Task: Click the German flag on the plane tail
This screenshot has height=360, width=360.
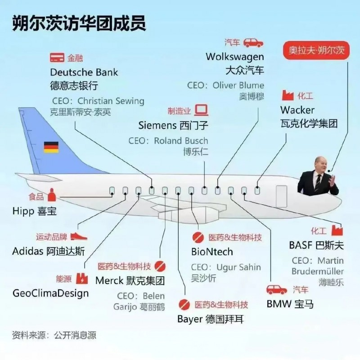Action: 51,147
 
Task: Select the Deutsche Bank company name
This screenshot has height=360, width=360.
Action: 84,72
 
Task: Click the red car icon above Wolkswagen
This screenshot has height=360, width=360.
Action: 253,43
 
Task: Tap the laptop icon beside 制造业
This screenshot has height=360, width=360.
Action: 201,110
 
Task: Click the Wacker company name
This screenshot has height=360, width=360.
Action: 297,110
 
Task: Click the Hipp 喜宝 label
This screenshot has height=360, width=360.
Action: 35,211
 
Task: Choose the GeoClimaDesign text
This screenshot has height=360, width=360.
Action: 50,293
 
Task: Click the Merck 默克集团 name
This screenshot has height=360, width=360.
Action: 130,280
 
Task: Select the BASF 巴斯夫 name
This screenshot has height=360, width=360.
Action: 316,246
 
